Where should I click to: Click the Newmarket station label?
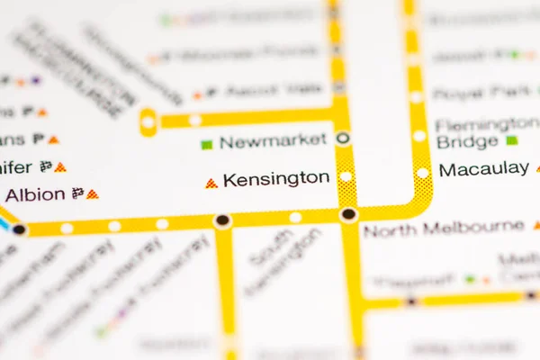click(x=273, y=140)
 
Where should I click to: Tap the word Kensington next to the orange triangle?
click(x=275, y=179)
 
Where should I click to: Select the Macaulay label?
click(x=483, y=168)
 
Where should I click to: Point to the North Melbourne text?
click(x=443, y=229)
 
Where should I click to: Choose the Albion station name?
click(x=35, y=194)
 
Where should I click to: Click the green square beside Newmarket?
click(x=207, y=143)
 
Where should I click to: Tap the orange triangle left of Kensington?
click(x=211, y=183)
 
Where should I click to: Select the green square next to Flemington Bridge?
click(x=512, y=140)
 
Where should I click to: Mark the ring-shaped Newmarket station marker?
click(x=343, y=139)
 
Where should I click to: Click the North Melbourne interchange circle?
click(x=348, y=214)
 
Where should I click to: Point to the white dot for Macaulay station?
click(x=422, y=172)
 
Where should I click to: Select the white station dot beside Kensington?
click(x=346, y=175)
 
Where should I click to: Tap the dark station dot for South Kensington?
click(x=222, y=220)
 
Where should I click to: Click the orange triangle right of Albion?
click(x=92, y=193)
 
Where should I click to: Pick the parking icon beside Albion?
click(x=77, y=193)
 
